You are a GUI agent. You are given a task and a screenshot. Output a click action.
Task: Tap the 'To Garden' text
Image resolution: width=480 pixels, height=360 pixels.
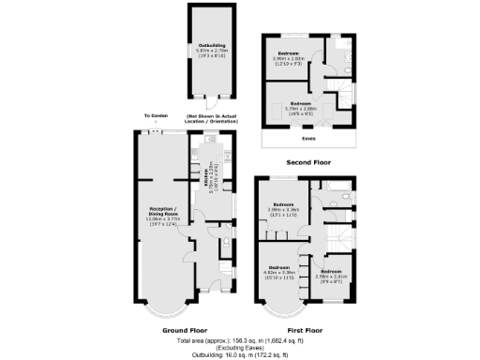coord(155,116)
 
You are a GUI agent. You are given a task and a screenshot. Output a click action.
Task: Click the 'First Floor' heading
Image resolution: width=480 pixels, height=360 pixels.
coord(306,330)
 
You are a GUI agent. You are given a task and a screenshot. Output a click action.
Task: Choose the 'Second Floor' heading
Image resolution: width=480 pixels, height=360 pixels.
coord(306,160)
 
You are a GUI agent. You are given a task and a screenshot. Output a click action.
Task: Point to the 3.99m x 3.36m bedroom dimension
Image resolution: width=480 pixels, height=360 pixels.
coord(284,210)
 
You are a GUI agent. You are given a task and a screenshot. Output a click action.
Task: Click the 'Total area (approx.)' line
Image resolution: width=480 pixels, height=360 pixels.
coord(240,342)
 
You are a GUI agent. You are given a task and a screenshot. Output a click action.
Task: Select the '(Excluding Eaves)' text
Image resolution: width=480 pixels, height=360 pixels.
coord(240,349)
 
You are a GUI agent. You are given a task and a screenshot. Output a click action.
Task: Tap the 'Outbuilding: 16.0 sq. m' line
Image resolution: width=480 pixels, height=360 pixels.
coord(240,355)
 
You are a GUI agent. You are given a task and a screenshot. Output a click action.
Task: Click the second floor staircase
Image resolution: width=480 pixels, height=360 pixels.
coord(343,97)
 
